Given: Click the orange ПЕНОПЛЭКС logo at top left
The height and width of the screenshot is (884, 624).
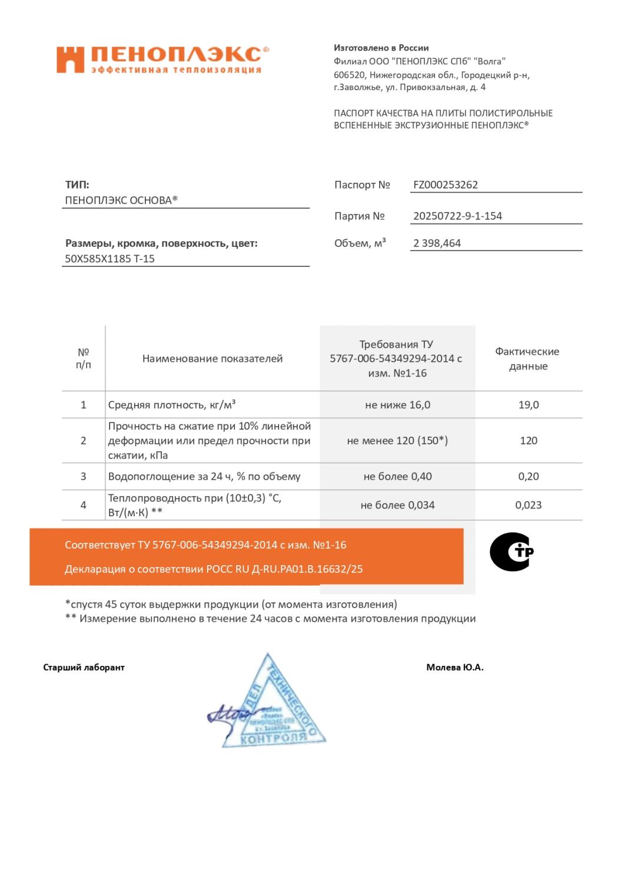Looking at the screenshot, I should (x=162, y=60).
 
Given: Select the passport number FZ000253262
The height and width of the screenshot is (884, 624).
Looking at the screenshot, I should (x=446, y=185).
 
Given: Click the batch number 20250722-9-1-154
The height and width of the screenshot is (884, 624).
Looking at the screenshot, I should (x=457, y=216).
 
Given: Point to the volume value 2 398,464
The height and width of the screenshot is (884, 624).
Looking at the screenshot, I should (x=437, y=243).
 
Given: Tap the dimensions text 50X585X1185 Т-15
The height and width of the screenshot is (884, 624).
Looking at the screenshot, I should (x=110, y=259).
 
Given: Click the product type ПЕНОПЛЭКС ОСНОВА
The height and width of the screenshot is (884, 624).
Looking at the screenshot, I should (x=121, y=200).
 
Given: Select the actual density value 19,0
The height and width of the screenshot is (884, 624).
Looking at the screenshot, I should (x=528, y=405).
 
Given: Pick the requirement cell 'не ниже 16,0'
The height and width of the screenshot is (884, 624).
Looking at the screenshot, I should (x=397, y=405).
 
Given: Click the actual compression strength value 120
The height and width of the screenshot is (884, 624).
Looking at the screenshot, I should (x=528, y=441).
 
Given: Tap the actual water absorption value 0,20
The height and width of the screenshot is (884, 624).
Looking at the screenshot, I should (x=528, y=477).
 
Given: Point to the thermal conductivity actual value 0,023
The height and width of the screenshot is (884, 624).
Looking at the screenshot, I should (x=528, y=505).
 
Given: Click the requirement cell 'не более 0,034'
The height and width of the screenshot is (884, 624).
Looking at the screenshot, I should (x=397, y=505).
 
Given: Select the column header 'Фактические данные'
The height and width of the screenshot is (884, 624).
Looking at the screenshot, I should (x=527, y=359).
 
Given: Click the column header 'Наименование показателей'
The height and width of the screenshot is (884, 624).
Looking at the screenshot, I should (x=213, y=359).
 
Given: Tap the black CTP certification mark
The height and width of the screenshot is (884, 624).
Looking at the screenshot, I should (x=511, y=552).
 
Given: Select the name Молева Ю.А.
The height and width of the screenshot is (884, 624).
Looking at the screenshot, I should (x=454, y=668).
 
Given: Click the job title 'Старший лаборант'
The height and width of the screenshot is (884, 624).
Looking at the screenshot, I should (x=84, y=668).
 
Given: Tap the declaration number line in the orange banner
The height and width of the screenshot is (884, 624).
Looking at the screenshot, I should (x=214, y=570).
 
